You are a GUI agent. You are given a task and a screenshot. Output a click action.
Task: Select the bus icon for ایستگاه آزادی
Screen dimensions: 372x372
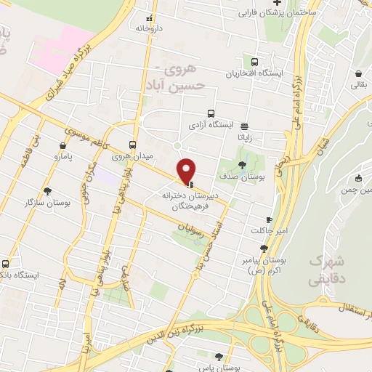pos(211,113)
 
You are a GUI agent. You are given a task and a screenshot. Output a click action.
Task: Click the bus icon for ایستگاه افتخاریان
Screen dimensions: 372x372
pos(254,62)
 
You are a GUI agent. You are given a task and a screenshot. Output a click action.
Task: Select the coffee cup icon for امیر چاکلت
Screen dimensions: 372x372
pos(269,219)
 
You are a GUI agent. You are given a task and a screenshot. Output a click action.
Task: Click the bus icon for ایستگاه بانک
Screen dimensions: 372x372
pos(7,264)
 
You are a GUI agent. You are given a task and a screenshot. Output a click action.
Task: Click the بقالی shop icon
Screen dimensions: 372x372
pos(358,73)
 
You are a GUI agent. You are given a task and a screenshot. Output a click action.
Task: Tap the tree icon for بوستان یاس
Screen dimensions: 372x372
pos(219,357)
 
